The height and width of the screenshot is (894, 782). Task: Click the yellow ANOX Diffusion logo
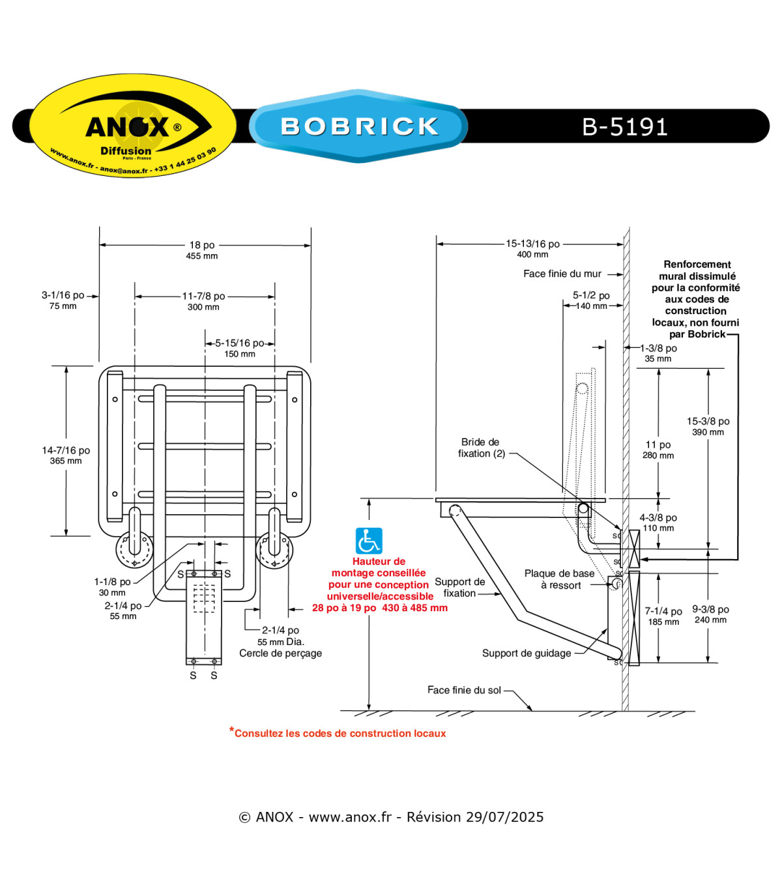132,125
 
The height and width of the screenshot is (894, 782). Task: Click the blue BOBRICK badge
358,126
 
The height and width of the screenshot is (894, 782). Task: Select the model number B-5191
625,126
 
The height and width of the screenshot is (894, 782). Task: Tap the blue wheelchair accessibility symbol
369,541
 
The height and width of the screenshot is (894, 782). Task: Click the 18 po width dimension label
202,245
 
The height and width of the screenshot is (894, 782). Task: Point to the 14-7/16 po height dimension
66,450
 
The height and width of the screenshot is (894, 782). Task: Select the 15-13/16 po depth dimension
532,244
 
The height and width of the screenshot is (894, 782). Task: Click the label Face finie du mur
562,274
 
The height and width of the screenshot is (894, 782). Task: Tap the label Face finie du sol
464,690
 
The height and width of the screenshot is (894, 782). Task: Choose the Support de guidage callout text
527,654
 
